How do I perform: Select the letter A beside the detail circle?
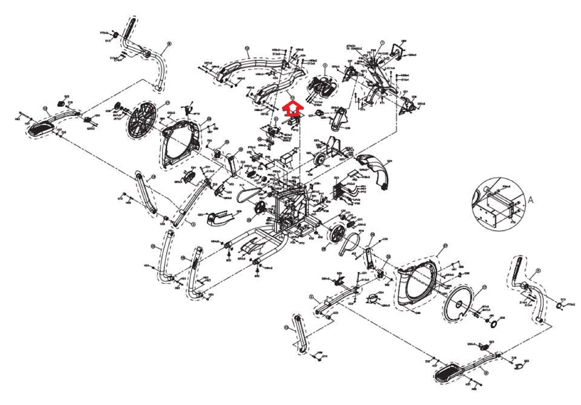[530, 200]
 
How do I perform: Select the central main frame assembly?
[292, 209]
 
